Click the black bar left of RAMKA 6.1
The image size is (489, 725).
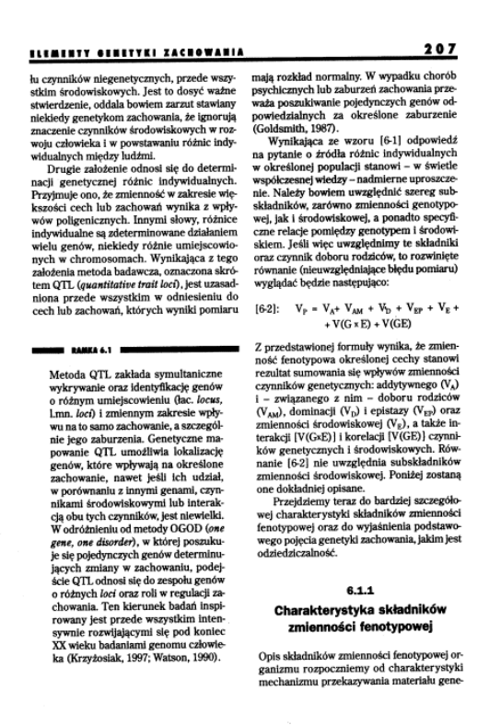[x=56, y=325]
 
